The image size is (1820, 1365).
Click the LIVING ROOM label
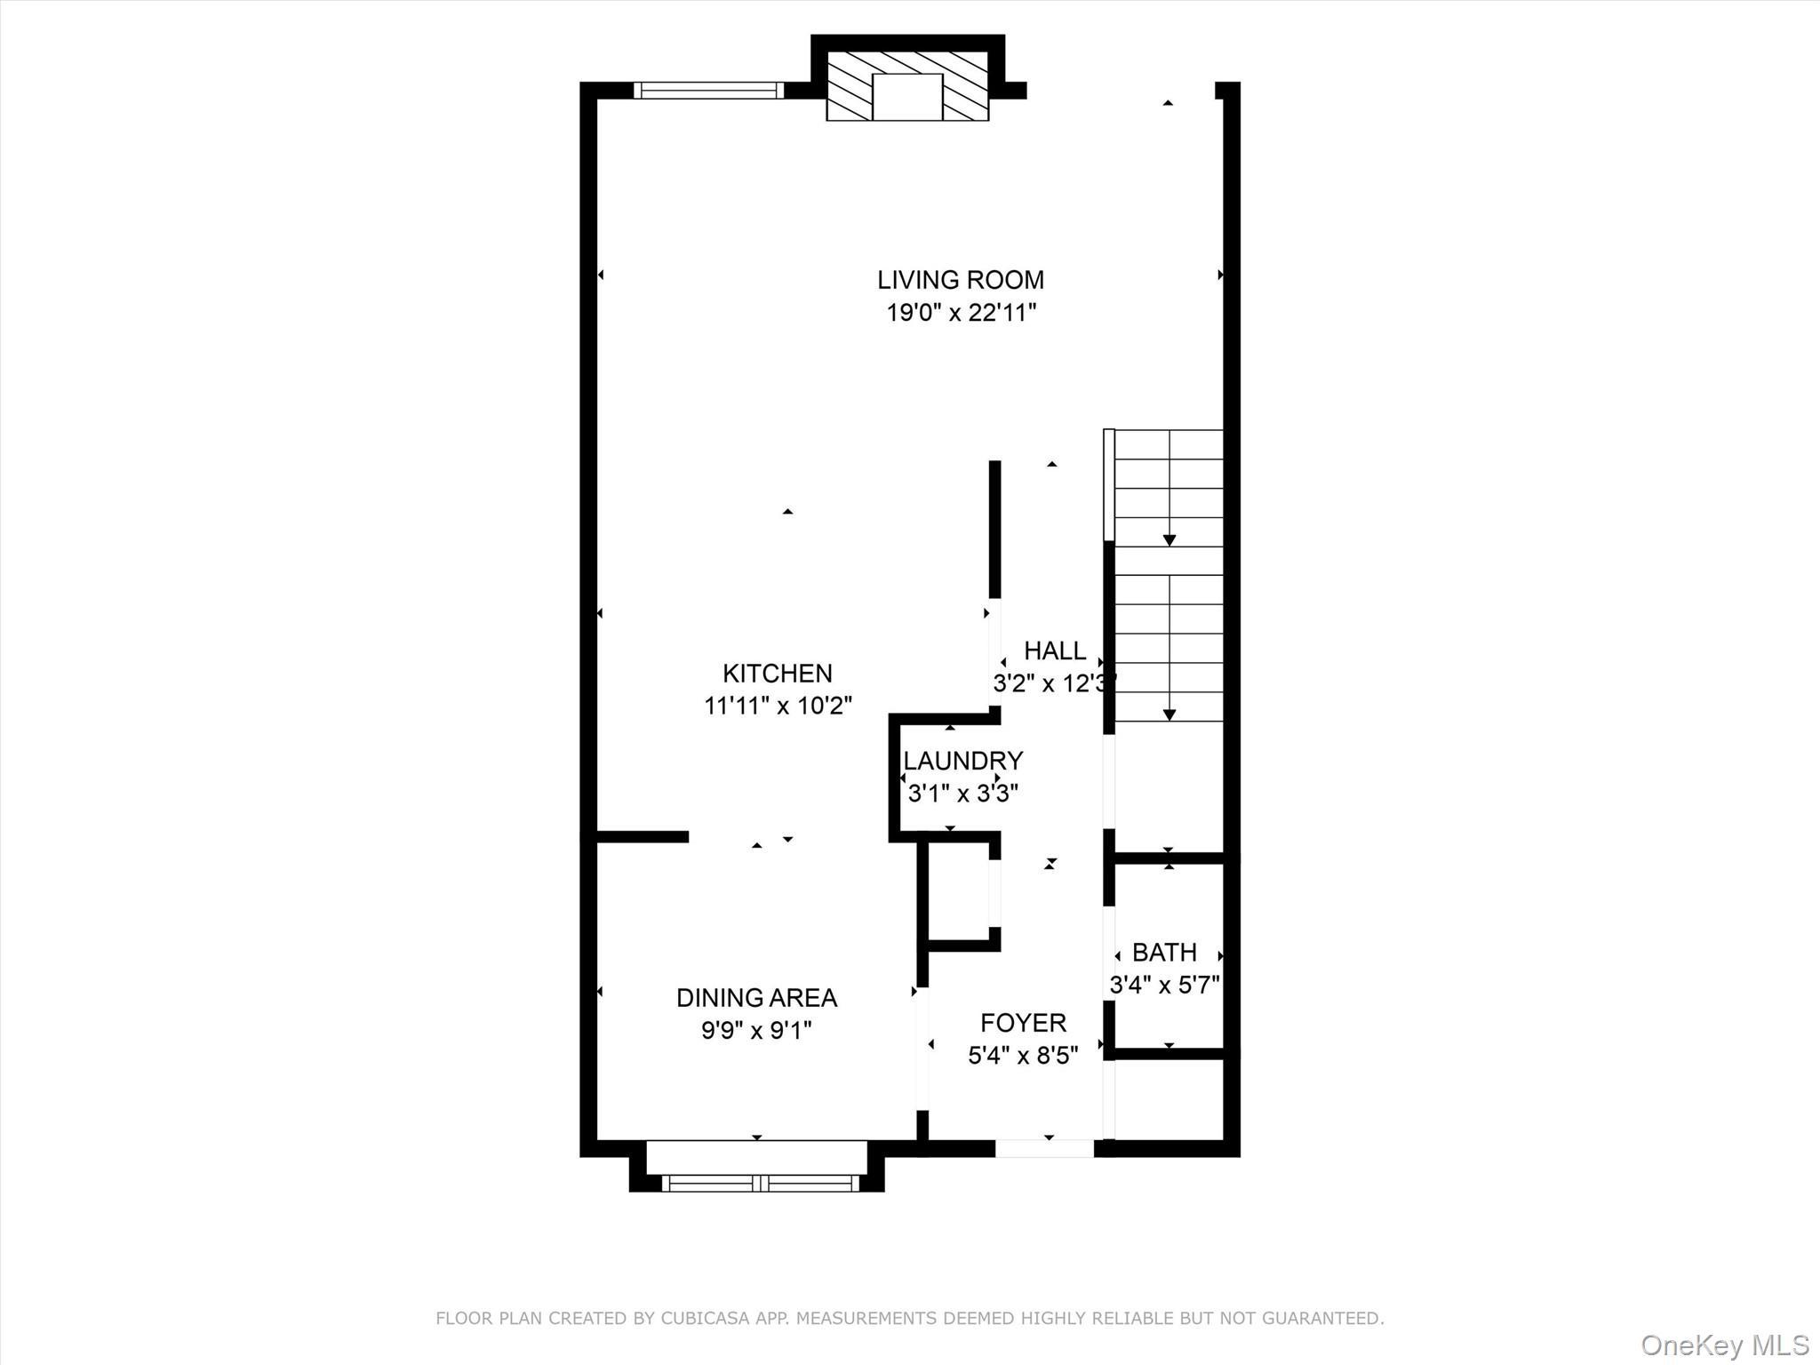pos(961,280)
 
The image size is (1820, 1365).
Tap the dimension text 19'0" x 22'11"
pos(961,313)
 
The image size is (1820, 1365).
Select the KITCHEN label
pos(777,674)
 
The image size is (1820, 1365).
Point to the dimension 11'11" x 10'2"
pos(778,706)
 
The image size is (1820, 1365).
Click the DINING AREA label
pos(756,998)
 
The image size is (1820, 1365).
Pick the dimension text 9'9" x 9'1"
pos(756,1031)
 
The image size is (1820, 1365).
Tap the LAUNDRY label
pos(962,761)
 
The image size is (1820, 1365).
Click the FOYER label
pos(1023,1023)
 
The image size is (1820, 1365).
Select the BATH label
pos(1164,953)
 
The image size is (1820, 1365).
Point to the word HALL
pos(1054,651)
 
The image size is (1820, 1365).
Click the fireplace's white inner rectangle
pos(907,97)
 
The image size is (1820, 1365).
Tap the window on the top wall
pos(709,90)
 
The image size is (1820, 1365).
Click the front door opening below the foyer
pos(1044,1149)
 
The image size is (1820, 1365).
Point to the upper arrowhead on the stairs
pos(1169,540)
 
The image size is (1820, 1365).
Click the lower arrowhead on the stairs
pos(1169,714)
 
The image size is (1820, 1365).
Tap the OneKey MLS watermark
pos(1724,1345)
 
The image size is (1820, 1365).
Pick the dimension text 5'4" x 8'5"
pos(1023,1056)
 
